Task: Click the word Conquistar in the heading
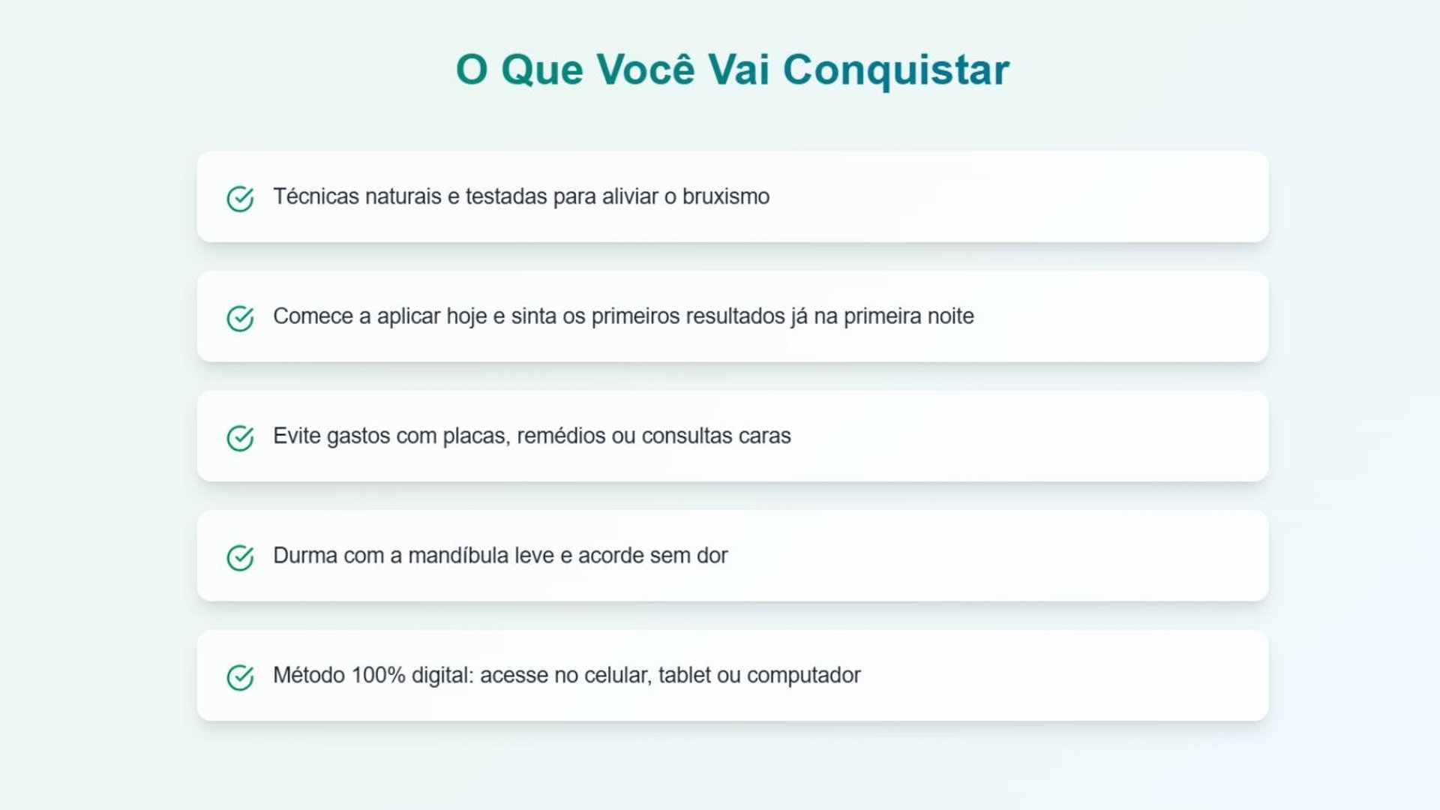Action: [x=896, y=70]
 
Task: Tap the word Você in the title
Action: [x=646, y=68]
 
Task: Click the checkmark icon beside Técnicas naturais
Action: [x=240, y=199]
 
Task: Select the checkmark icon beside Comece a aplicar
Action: [x=240, y=318]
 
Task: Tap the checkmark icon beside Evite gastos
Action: [x=240, y=438]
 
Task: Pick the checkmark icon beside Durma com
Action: [x=240, y=558]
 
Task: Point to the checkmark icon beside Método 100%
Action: [x=240, y=677]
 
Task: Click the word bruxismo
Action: [x=726, y=196]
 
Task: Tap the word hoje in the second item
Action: [x=466, y=317]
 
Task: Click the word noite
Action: [x=951, y=316]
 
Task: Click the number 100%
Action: [x=378, y=675]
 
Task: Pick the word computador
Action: [x=804, y=676]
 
